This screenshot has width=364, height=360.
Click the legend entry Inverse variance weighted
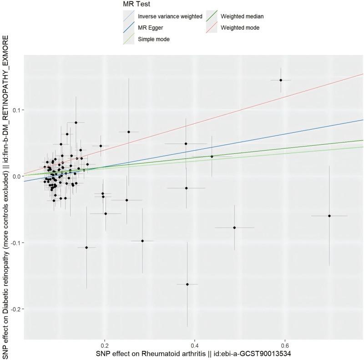(x=170, y=16)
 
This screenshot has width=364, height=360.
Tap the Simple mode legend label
(x=154, y=40)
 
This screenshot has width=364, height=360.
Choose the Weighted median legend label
(x=242, y=16)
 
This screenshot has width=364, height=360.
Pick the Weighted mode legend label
(x=240, y=28)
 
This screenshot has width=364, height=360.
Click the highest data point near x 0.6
(x=281, y=80)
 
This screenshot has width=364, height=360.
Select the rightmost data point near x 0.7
(x=329, y=216)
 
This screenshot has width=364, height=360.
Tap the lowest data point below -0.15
(x=187, y=284)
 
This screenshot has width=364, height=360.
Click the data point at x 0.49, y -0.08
(x=234, y=228)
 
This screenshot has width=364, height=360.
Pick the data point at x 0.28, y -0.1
(x=142, y=241)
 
